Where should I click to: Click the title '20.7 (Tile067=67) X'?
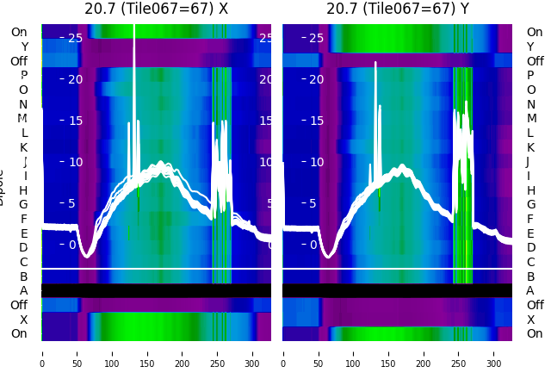[156, 9]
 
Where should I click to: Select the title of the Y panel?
[397, 9]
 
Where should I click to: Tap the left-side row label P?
[24, 76]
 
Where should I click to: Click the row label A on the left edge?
[24, 291]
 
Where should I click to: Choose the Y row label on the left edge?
[24, 47]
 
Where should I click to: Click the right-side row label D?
[530, 248]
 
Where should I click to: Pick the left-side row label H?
[24, 190]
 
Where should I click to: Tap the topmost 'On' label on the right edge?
[535, 33]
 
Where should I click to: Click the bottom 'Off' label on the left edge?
[19, 305]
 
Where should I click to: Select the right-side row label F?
[530, 219]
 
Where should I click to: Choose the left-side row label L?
[24, 133]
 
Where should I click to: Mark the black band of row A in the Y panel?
[397, 291]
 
